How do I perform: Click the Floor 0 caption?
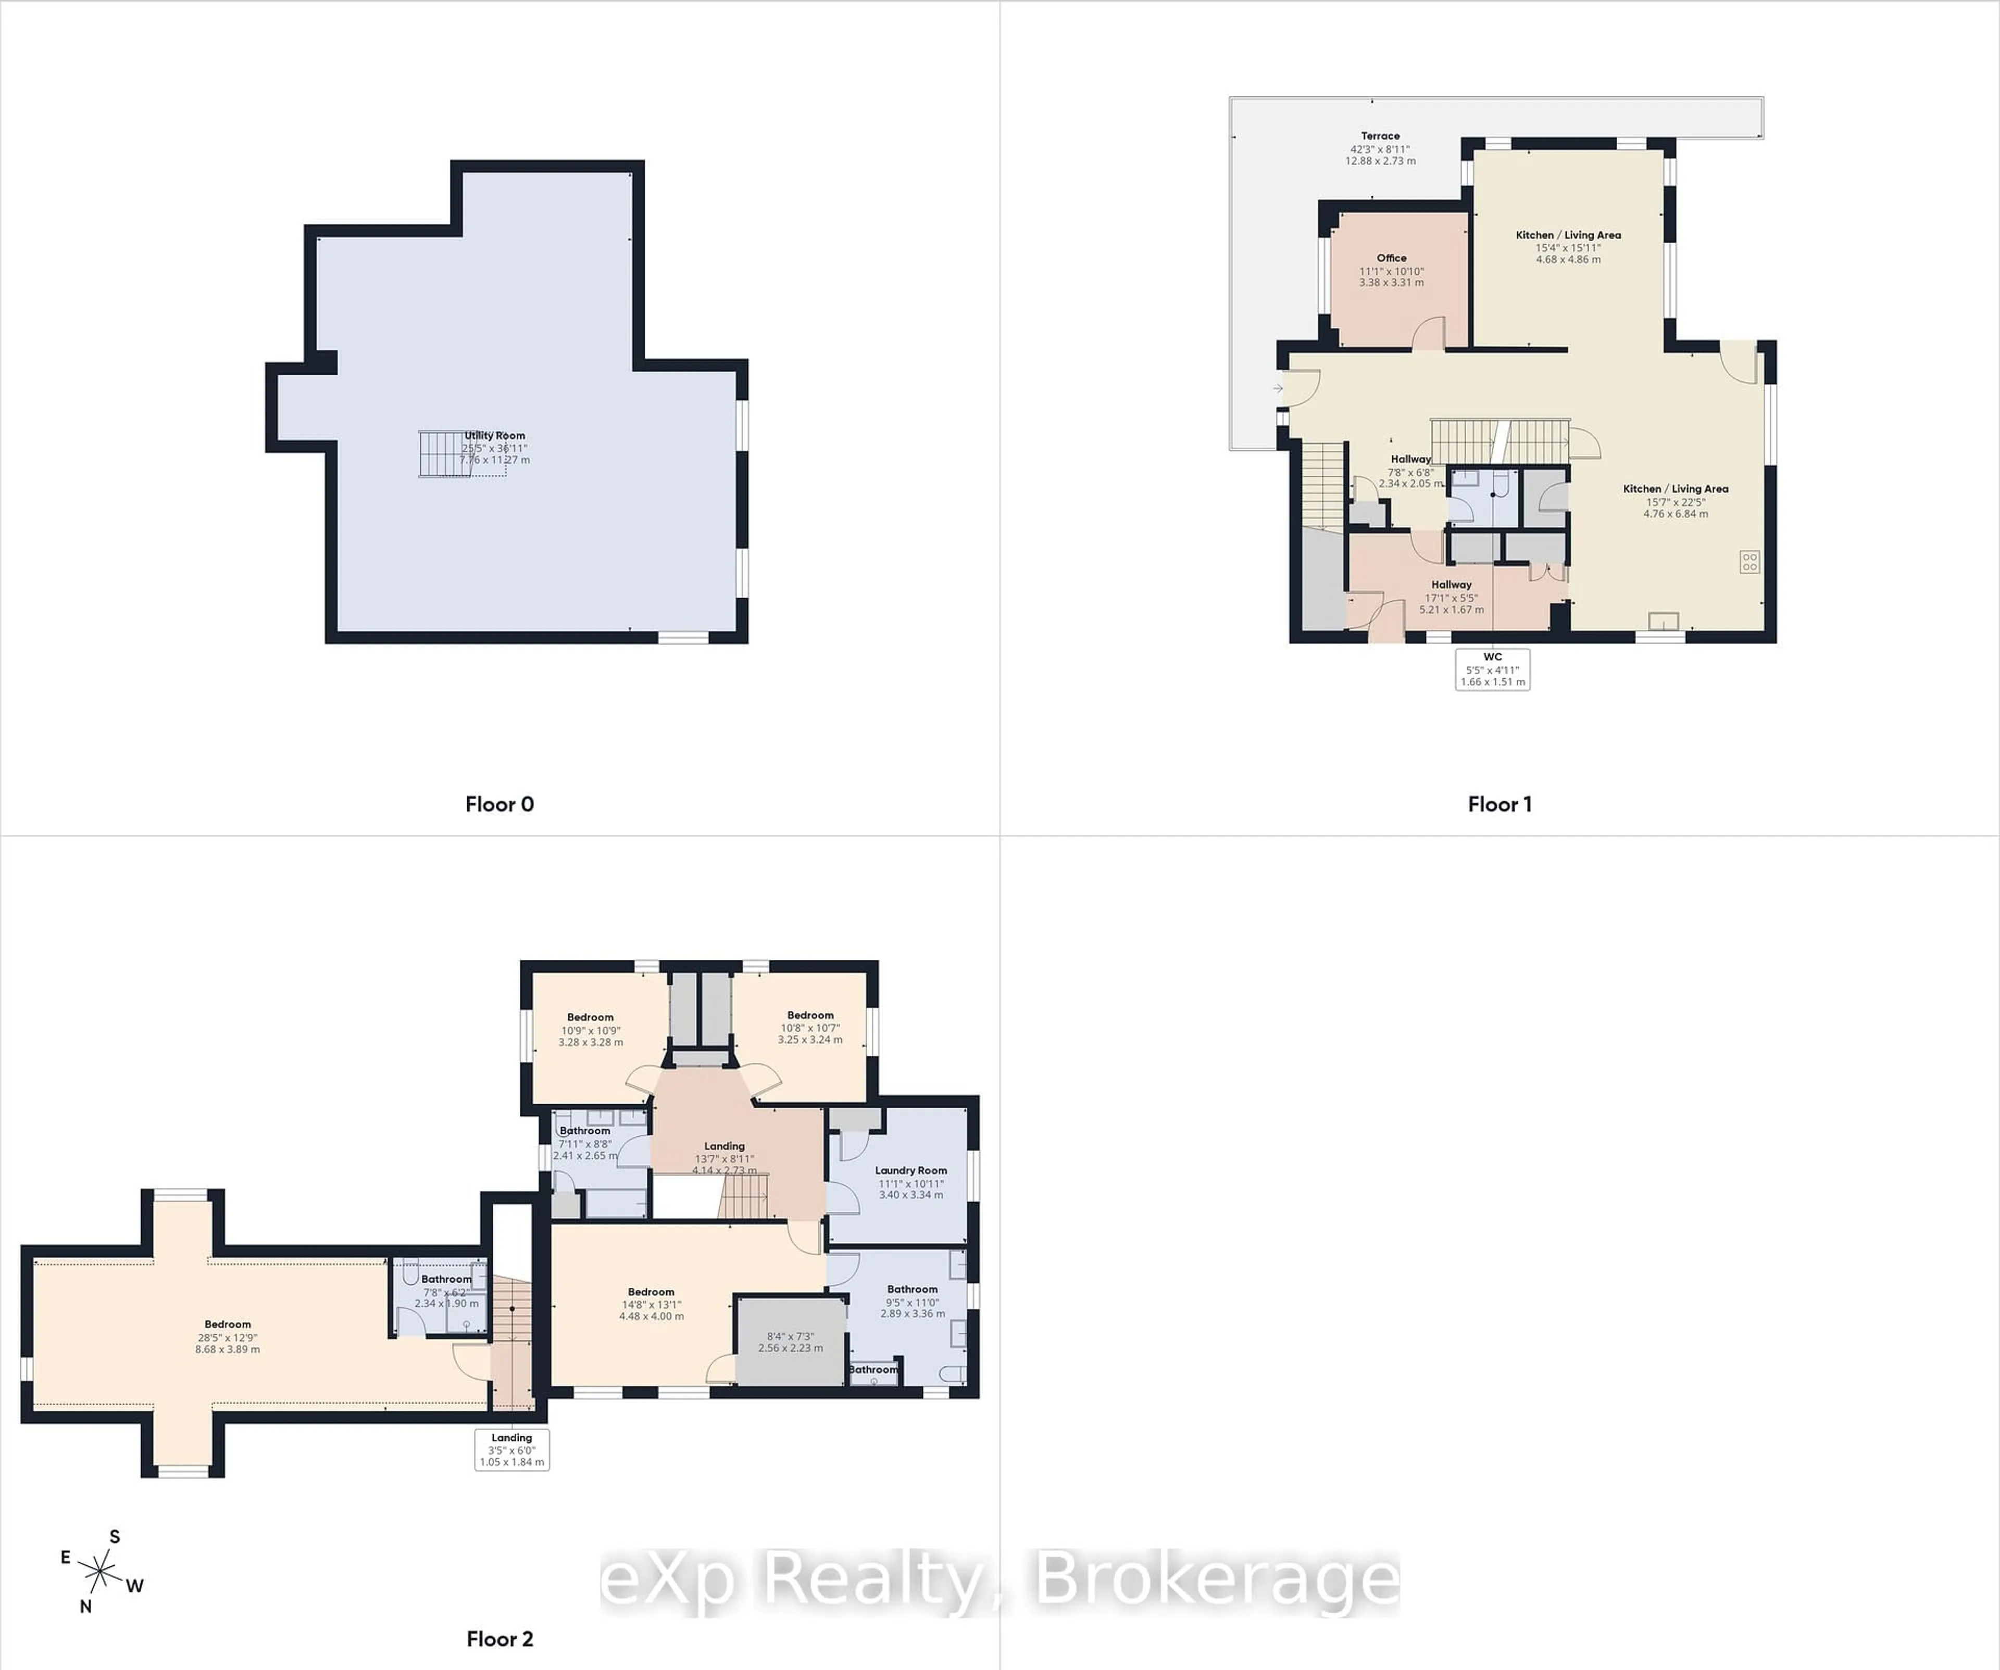tap(499, 804)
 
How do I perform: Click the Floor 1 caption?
tap(1499, 804)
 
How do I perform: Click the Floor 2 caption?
tap(499, 1639)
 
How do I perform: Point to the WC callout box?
tap(1492, 669)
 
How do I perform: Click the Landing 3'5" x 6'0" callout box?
tap(511, 1449)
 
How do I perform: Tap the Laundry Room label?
tap(910, 1170)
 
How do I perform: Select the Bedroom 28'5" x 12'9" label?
tap(228, 1324)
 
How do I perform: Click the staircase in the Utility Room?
tap(440, 454)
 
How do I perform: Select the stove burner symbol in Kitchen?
tap(1749, 562)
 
